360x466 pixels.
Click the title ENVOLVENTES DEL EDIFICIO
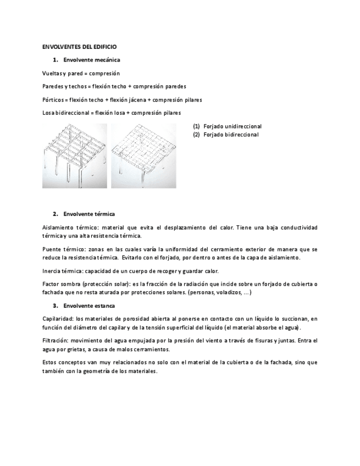[79, 47]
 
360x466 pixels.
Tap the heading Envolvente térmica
[89, 213]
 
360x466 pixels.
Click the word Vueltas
[51, 73]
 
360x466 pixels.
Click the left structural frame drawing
[75, 156]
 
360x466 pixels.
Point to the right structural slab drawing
[143, 156]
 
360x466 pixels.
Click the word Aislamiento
[58, 227]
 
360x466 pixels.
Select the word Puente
[51, 249]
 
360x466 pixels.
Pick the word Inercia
[51, 270]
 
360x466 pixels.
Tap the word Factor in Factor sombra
[51, 284]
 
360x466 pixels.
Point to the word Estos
[49, 362]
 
